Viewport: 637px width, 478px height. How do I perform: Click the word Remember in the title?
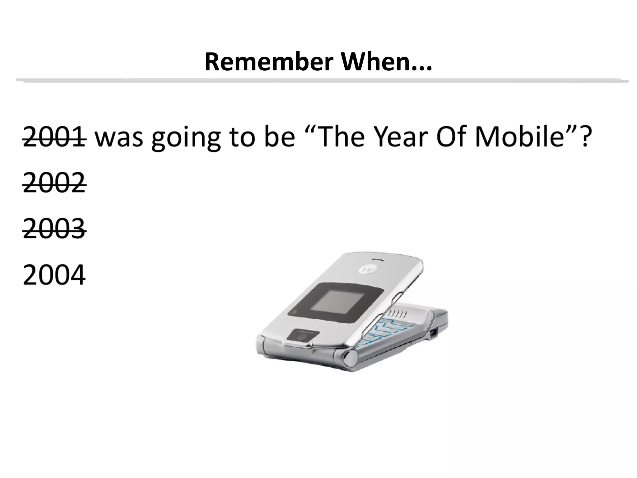pyautogui.click(x=269, y=63)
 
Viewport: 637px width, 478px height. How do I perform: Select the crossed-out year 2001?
pyautogui.click(x=54, y=137)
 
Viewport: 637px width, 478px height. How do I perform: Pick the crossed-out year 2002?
pyautogui.click(x=54, y=183)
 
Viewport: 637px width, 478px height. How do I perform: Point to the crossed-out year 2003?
pyautogui.click(x=54, y=229)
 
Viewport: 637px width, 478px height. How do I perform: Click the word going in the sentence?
pyautogui.click(x=186, y=138)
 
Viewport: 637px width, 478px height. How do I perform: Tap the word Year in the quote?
pyautogui.click(x=401, y=137)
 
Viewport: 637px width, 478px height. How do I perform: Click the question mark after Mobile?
pyautogui.click(x=584, y=137)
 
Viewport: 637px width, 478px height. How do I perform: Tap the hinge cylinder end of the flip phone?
pyautogui.click(x=350, y=358)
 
